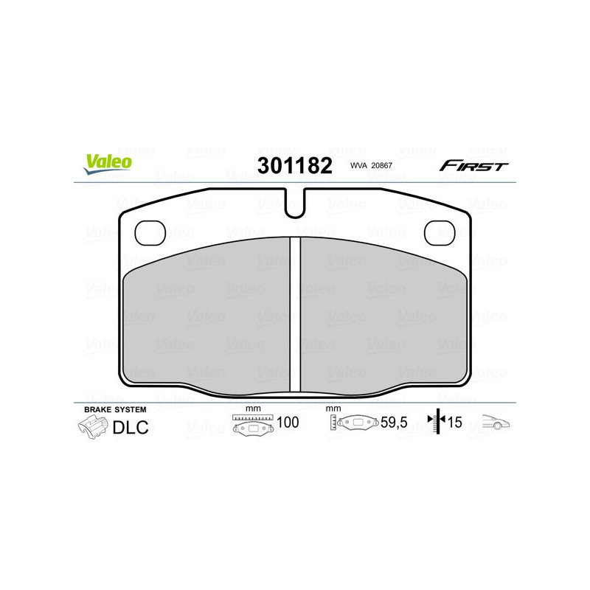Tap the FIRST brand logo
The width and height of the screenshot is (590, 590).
pos(473,166)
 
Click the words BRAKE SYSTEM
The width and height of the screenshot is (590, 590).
pos(115,409)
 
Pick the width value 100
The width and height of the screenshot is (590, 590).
pos(287,423)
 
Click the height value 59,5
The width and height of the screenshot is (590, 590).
pos(392,423)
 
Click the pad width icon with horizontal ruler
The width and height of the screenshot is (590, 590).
pos(252,425)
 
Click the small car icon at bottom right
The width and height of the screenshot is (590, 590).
pos(496,423)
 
